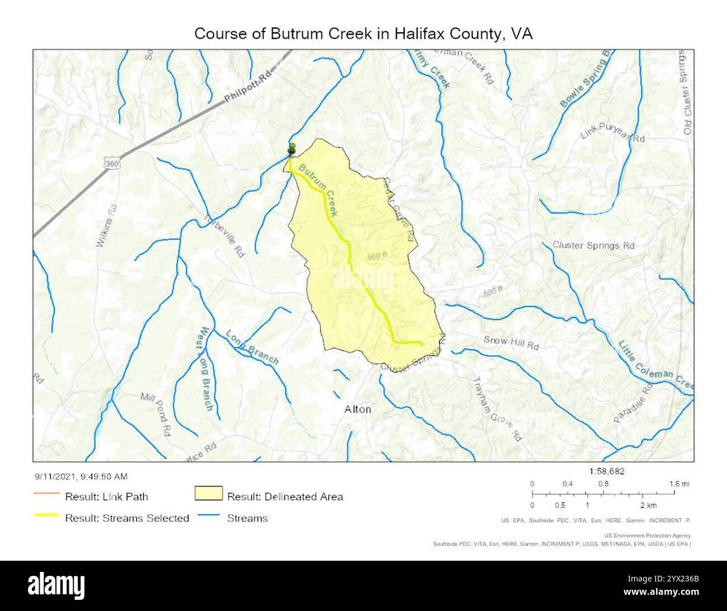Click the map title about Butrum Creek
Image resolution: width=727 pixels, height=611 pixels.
pos(363,34)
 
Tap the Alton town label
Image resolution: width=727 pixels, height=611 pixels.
pos(357,409)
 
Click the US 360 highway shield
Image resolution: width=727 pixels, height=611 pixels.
pos(112,163)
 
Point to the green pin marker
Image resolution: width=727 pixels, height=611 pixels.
pos(291,149)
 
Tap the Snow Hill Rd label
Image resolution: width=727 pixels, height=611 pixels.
pos(511,342)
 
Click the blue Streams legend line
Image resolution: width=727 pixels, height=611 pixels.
pos(208,518)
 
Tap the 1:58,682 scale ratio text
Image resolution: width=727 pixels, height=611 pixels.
pos(607,471)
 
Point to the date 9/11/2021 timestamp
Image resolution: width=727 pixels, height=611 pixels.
pos(81,476)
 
